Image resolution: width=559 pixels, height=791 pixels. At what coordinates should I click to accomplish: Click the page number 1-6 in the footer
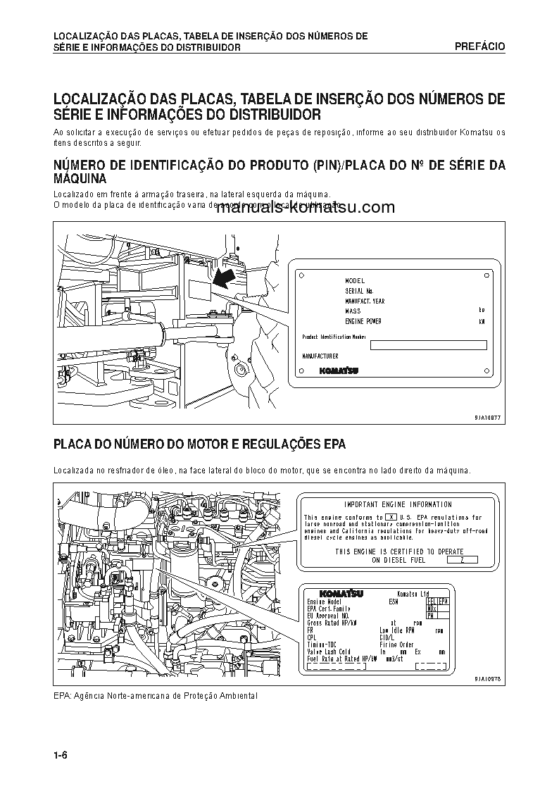[x=60, y=756]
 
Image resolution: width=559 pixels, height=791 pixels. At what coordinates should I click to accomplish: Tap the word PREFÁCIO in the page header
[x=479, y=46]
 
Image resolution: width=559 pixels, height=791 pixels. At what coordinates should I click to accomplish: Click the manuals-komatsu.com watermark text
[x=306, y=208]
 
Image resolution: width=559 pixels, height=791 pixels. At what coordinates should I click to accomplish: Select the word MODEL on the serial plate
[x=355, y=281]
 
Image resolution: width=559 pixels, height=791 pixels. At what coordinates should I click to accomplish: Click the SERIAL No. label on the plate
[x=359, y=291]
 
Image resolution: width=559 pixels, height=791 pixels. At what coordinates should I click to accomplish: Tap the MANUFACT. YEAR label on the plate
[x=365, y=301]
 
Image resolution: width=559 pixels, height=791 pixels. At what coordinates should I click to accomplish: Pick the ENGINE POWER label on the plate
[x=363, y=321]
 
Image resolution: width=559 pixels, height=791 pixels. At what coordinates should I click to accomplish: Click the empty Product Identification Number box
[x=428, y=345]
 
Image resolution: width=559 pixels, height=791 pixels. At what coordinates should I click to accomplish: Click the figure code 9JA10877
[x=487, y=417]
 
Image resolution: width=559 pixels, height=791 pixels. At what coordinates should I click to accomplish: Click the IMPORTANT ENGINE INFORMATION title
[x=398, y=504]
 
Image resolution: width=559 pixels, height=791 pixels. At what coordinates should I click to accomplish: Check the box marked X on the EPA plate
[x=391, y=518]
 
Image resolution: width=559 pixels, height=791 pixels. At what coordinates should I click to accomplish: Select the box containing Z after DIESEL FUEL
[x=461, y=560]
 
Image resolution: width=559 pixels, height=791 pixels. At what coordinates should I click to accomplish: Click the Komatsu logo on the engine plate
[x=341, y=594]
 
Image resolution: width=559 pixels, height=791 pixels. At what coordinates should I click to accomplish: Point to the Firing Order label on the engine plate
[x=396, y=644]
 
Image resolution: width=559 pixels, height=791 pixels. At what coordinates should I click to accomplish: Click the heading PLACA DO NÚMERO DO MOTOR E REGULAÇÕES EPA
[x=199, y=444]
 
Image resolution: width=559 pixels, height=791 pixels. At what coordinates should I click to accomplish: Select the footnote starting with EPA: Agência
[x=156, y=696]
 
